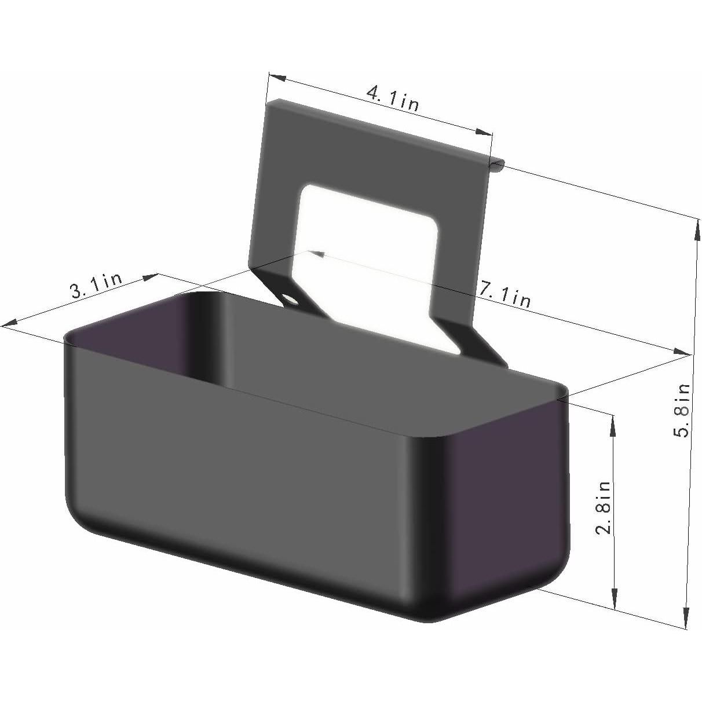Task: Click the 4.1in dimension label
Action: (x=393, y=98)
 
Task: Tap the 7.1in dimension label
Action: (x=504, y=294)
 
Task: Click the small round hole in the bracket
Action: (x=291, y=300)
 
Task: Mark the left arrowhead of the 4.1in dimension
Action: (x=277, y=78)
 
